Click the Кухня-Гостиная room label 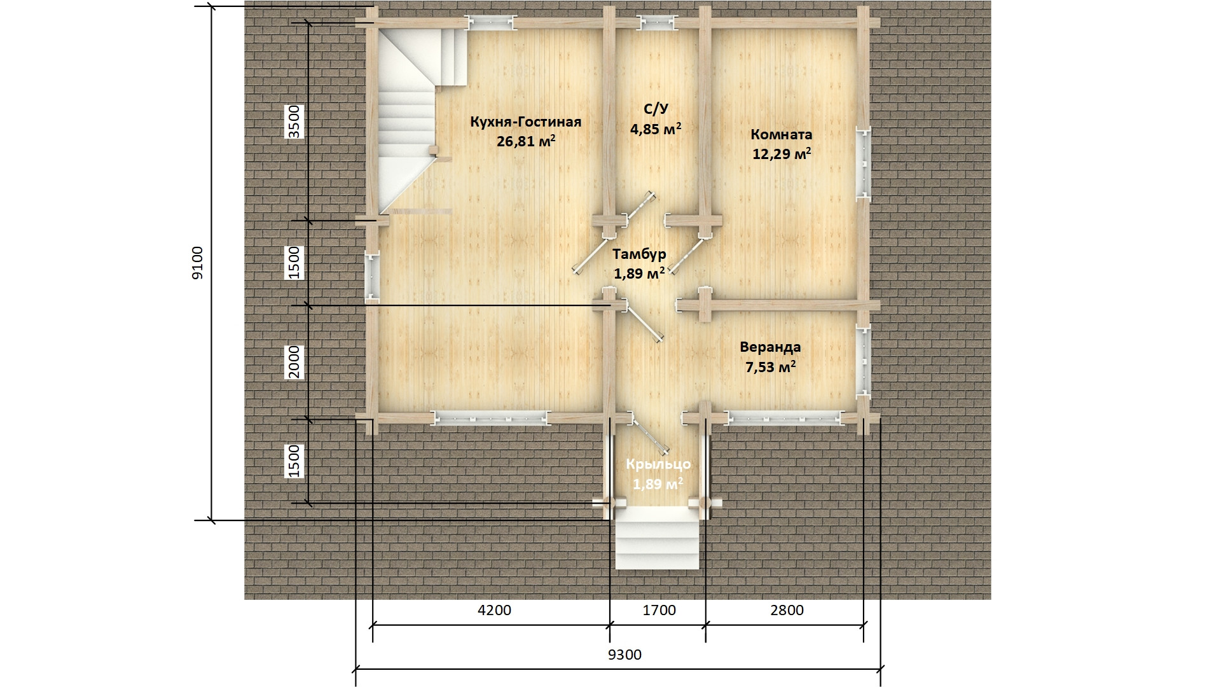pyautogui.click(x=525, y=121)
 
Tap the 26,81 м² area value pyautogui.click(x=526, y=141)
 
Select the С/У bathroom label pyautogui.click(x=656, y=109)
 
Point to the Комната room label pyautogui.click(x=782, y=134)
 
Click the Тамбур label pyautogui.click(x=639, y=254)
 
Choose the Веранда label pyautogui.click(x=770, y=347)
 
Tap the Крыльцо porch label pyautogui.click(x=658, y=464)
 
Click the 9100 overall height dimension pyautogui.click(x=198, y=263)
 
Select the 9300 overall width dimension pyautogui.click(x=624, y=655)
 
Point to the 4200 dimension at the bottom pyautogui.click(x=494, y=610)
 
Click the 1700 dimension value pyautogui.click(x=659, y=610)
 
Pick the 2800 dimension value pyautogui.click(x=787, y=610)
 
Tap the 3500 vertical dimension pyautogui.click(x=294, y=122)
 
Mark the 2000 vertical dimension pyautogui.click(x=294, y=362)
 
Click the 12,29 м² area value pyautogui.click(x=782, y=154)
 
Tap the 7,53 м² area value pyautogui.click(x=770, y=367)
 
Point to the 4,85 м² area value pyautogui.click(x=656, y=129)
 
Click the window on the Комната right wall pyautogui.click(x=863, y=165)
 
